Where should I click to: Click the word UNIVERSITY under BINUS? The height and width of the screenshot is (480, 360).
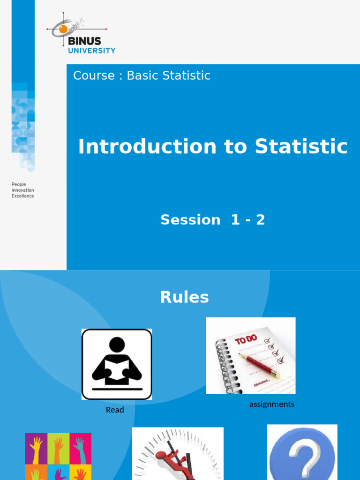pyautogui.click(x=91, y=51)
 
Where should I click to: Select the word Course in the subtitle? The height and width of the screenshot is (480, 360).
pyautogui.click(x=94, y=75)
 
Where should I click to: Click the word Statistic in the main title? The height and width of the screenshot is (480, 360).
pyautogui.click(x=301, y=147)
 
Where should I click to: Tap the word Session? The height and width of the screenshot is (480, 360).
pyautogui.click(x=190, y=219)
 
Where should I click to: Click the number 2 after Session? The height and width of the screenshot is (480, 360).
pyautogui.click(x=260, y=219)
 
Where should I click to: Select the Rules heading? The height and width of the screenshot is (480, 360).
pyautogui.click(x=184, y=297)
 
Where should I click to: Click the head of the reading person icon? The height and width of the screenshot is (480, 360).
pyautogui.click(x=117, y=345)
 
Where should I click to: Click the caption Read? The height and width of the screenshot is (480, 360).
pyautogui.click(x=115, y=410)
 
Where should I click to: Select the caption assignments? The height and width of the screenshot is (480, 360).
pyautogui.click(x=272, y=404)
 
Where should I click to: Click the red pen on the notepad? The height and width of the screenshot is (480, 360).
pyautogui.click(x=259, y=366)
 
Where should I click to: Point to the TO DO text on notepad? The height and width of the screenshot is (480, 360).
pyautogui.click(x=247, y=340)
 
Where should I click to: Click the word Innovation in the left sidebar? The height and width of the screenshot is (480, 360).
pyautogui.click(x=22, y=190)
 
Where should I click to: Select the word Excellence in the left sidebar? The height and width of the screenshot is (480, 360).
pyautogui.click(x=22, y=196)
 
